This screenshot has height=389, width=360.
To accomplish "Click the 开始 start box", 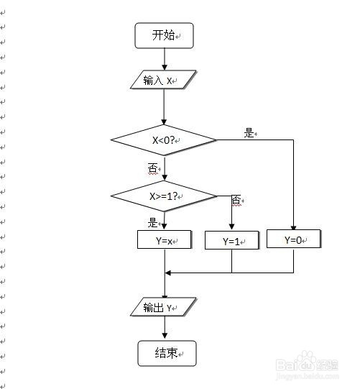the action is click(x=164, y=35).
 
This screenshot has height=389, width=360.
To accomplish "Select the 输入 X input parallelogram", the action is click(x=163, y=80).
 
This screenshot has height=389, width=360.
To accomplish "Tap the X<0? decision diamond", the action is click(x=164, y=140).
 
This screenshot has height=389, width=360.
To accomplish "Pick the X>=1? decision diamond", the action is click(x=164, y=196).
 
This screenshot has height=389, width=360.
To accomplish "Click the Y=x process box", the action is click(x=165, y=239).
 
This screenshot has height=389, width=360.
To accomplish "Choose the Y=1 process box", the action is click(x=232, y=240).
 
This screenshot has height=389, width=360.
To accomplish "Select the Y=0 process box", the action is click(x=294, y=239).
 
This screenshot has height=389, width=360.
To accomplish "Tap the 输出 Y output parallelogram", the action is click(x=163, y=307).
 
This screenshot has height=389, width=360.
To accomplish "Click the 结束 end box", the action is click(x=167, y=353).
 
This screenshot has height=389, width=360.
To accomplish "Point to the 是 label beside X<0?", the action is click(x=249, y=133).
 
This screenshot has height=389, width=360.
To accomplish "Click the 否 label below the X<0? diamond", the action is click(x=152, y=168).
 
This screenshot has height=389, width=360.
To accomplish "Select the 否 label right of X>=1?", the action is click(x=236, y=200).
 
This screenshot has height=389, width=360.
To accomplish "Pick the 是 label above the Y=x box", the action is click(x=152, y=222).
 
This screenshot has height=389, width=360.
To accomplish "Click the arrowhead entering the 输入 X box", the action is click(x=164, y=68).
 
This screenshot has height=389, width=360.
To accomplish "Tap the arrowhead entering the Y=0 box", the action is click(x=294, y=227).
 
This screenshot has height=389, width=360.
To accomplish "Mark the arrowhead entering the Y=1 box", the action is click(x=232, y=226).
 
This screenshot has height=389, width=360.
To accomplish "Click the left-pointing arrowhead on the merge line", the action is click(x=168, y=273).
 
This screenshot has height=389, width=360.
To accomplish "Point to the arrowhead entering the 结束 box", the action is click(x=165, y=336).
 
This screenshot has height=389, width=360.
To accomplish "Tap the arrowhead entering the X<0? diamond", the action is click(x=164, y=122).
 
